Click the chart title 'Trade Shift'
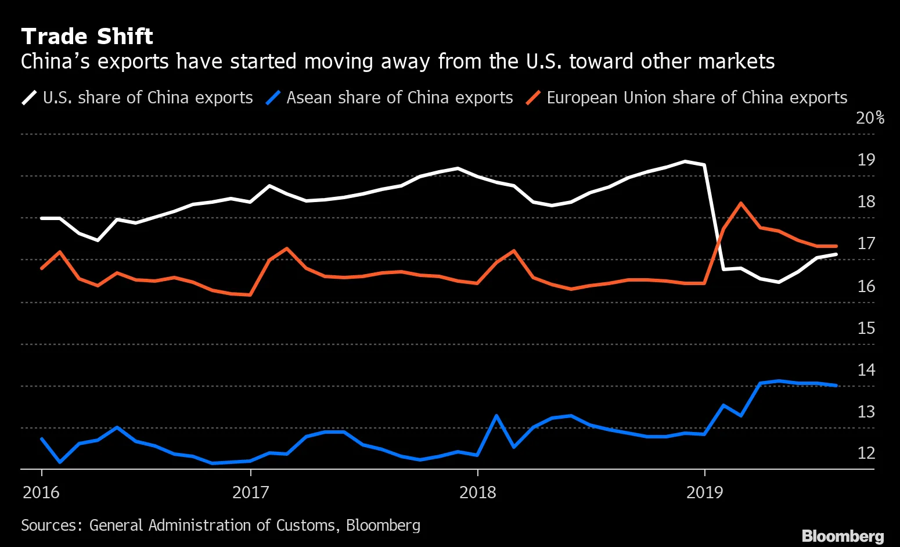(x=87, y=37)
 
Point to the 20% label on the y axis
(x=870, y=118)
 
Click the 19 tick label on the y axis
(x=866, y=160)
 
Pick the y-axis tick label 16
(x=866, y=286)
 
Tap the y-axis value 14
(x=866, y=370)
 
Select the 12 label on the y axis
(x=866, y=453)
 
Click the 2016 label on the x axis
(x=41, y=493)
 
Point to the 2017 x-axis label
(x=250, y=493)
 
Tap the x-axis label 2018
(x=477, y=493)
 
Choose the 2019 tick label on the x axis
(x=704, y=493)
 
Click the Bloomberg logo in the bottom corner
(x=843, y=535)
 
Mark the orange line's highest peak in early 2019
(x=741, y=203)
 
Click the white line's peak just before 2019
(x=686, y=161)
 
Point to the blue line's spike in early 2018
(x=496, y=416)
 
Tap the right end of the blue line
(x=836, y=385)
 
